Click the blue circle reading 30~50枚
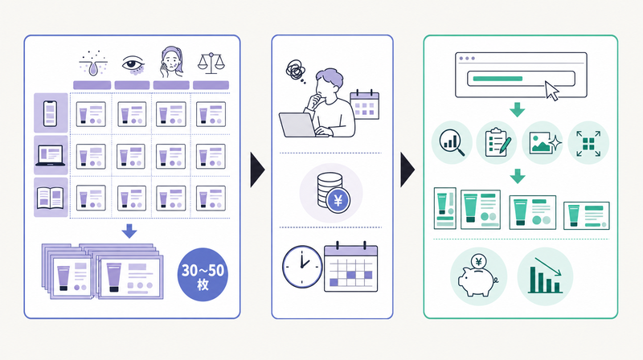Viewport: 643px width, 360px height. pos(203,274)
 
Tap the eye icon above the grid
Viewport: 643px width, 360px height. pos(133,65)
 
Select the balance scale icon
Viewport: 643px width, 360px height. pos(211,63)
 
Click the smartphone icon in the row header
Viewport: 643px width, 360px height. pos(50,113)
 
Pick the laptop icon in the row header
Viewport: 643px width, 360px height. pos(50,156)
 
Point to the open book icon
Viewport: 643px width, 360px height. pos(50,198)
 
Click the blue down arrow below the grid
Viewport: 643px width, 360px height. pos(129,231)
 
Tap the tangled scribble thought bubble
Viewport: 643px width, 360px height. pos(295,70)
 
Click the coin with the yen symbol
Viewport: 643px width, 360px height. pos(338,201)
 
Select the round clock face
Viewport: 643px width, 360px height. pos(302,267)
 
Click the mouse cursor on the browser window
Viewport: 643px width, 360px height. pos(551,90)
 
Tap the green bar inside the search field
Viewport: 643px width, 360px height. pos(498,79)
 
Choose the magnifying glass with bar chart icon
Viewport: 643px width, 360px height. pos(452,143)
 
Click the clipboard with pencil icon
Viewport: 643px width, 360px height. pos(498,143)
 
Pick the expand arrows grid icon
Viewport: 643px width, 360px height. pos(588,144)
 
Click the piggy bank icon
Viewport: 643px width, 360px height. pos(477,276)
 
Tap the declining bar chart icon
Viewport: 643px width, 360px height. pos(545,276)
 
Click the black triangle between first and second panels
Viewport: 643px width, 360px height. pos(257,170)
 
